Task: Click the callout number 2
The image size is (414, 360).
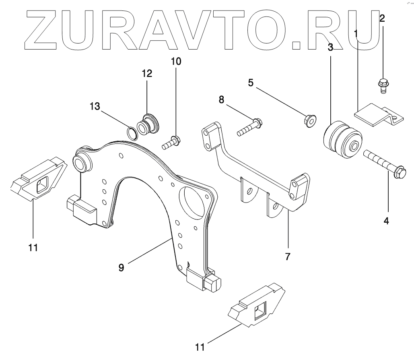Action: pos(382,18)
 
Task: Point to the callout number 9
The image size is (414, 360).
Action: pos(121,267)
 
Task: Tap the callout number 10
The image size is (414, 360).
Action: pos(176,62)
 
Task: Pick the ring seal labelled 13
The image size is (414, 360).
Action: pos(132,132)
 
